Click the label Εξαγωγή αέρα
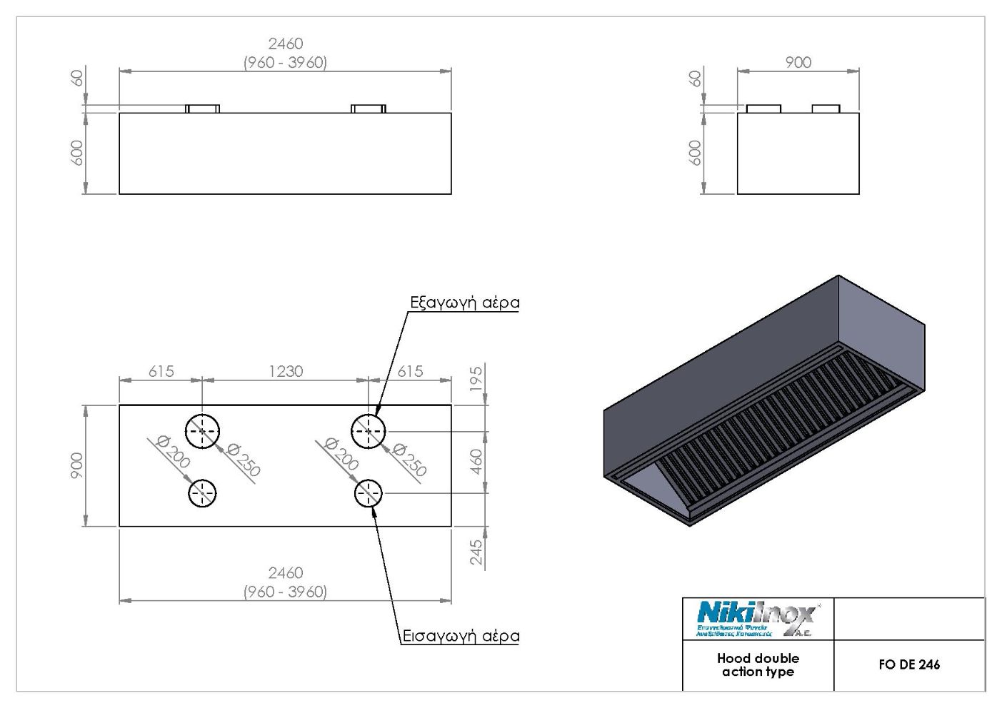pyautogui.click(x=464, y=303)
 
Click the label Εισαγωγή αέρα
pyautogui.click(x=459, y=636)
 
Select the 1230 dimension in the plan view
pyautogui.click(x=286, y=371)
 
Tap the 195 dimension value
pyautogui.click(x=477, y=380)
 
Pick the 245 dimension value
pyautogui.click(x=477, y=552)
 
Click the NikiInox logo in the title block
pyautogui.click(x=756, y=618)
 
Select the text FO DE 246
pyautogui.click(x=909, y=664)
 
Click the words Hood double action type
pyautogui.click(x=758, y=665)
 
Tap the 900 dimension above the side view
pyautogui.click(x=798, y=62)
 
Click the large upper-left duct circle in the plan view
pyautogui.click(x=203, y=431)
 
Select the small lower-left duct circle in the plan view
pyautogui.click(x=203, y=493)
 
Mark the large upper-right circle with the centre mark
pyautogui.click(x=369, y=431)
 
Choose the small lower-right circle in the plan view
pyautogui.click(x=369, y=493)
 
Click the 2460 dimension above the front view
pyautogui.click(x=286, y=44)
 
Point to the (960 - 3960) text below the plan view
pyautogui.click(x=286, y=592)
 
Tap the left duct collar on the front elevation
pyautogui.click(x=203, y=108)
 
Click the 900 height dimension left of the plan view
pyautogui.click(x=76, y=465)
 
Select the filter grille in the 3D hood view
pyautogui.click(x=778, y=428)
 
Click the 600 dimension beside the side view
pyautogui.click(x=694, y=153)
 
